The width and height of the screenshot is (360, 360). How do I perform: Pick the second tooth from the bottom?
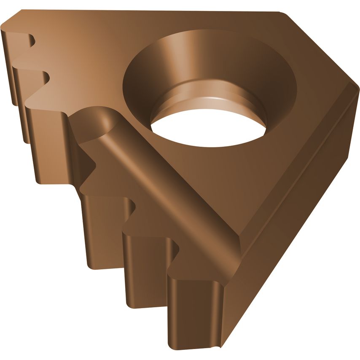(x=145, y=270)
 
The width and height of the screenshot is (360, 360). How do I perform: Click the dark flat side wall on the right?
(x=295, y=211)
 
